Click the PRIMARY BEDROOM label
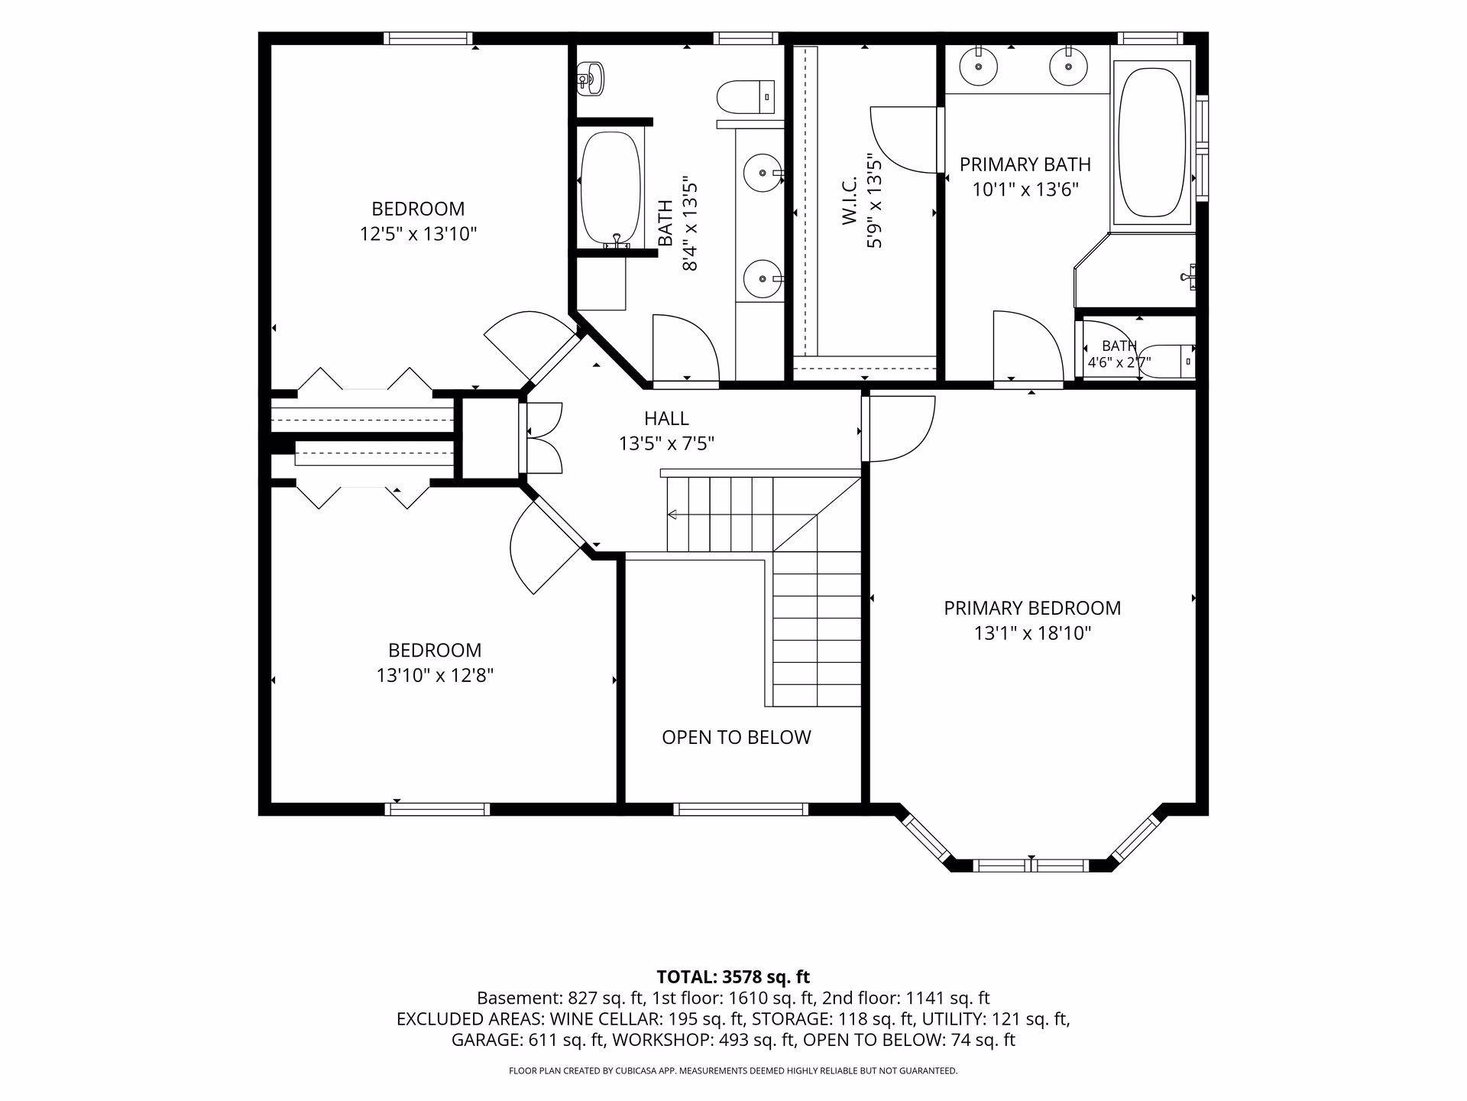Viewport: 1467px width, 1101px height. click(1032, 608)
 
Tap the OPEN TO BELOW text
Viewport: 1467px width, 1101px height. click(737, 737)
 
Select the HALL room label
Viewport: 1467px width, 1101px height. click(666, 418)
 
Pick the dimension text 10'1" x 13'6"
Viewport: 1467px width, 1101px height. click(1025, 190)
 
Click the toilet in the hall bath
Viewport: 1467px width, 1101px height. click(746, 96)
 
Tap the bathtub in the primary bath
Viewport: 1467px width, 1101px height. click(1153, 143)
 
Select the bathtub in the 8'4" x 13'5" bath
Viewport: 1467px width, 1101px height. click(610, 188)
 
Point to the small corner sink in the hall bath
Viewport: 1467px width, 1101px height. click(591, 78)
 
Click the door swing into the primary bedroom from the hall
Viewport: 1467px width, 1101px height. click(899, 429)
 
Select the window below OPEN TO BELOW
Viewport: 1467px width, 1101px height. click(740, 809)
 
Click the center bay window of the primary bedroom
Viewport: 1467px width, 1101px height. click(1031, 866)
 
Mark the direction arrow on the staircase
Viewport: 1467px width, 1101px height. click(674, 515)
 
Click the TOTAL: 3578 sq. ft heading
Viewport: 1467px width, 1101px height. click(733, 976)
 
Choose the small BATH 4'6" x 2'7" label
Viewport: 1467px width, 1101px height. click(1119, 354)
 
